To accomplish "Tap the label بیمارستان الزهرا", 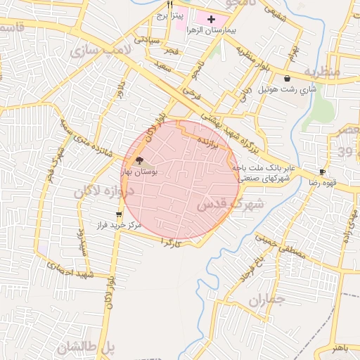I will tap(210, 32).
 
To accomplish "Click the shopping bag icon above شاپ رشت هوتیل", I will tap(288, 79).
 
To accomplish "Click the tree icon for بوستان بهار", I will tap(139, 161).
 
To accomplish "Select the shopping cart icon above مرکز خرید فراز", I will tap(118, 214).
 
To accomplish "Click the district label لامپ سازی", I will tap(95, 51).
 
